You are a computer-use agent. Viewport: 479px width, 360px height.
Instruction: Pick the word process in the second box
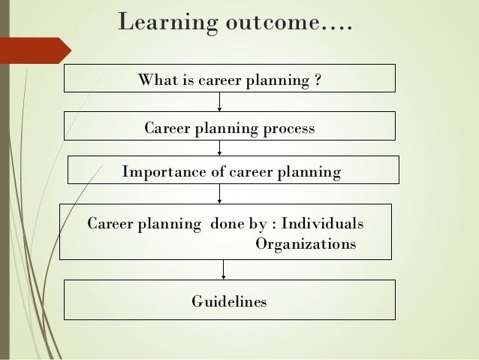[289, 129]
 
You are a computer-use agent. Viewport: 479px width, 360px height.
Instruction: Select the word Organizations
[306, 244]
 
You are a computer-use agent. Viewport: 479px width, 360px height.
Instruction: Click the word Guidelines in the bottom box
[229, 302]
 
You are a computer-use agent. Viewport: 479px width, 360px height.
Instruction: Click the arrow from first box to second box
[219, 101]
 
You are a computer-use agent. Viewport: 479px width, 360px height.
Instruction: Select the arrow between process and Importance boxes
[219, 148]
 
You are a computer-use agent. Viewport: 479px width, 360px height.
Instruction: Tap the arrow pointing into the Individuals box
[219, 194]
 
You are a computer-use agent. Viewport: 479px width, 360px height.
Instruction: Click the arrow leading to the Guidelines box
[223, 270]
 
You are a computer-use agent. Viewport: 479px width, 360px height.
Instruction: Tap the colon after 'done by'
[274, 225]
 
